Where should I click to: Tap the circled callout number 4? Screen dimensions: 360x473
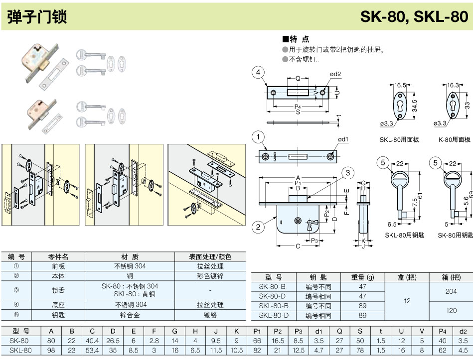(x=258, y=73)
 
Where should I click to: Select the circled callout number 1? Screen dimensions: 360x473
(x=258, y=136)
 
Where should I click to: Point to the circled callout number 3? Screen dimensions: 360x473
(x=348, y=173)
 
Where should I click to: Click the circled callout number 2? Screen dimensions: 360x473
(x=258, y=228)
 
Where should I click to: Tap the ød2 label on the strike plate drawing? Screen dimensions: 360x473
(x=335, y=74)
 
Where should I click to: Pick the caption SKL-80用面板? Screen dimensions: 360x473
(x=399, y=140)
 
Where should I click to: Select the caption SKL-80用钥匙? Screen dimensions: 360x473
(x=404, y=235)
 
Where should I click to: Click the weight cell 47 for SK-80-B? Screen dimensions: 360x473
(x=362, y=287)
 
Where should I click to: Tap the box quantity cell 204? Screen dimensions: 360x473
(x=451, y=291)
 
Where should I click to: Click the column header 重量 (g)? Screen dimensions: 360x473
(x=362, y=277)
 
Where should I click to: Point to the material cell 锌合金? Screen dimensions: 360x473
(x=130, y=315)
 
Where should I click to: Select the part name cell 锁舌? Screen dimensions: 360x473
(x=58, y=290)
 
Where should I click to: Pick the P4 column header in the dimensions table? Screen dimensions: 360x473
(x=442, y=331)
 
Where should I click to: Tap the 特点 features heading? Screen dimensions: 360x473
(x=296, y=39)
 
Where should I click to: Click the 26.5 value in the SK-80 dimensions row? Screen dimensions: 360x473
(x=113, y=341)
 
